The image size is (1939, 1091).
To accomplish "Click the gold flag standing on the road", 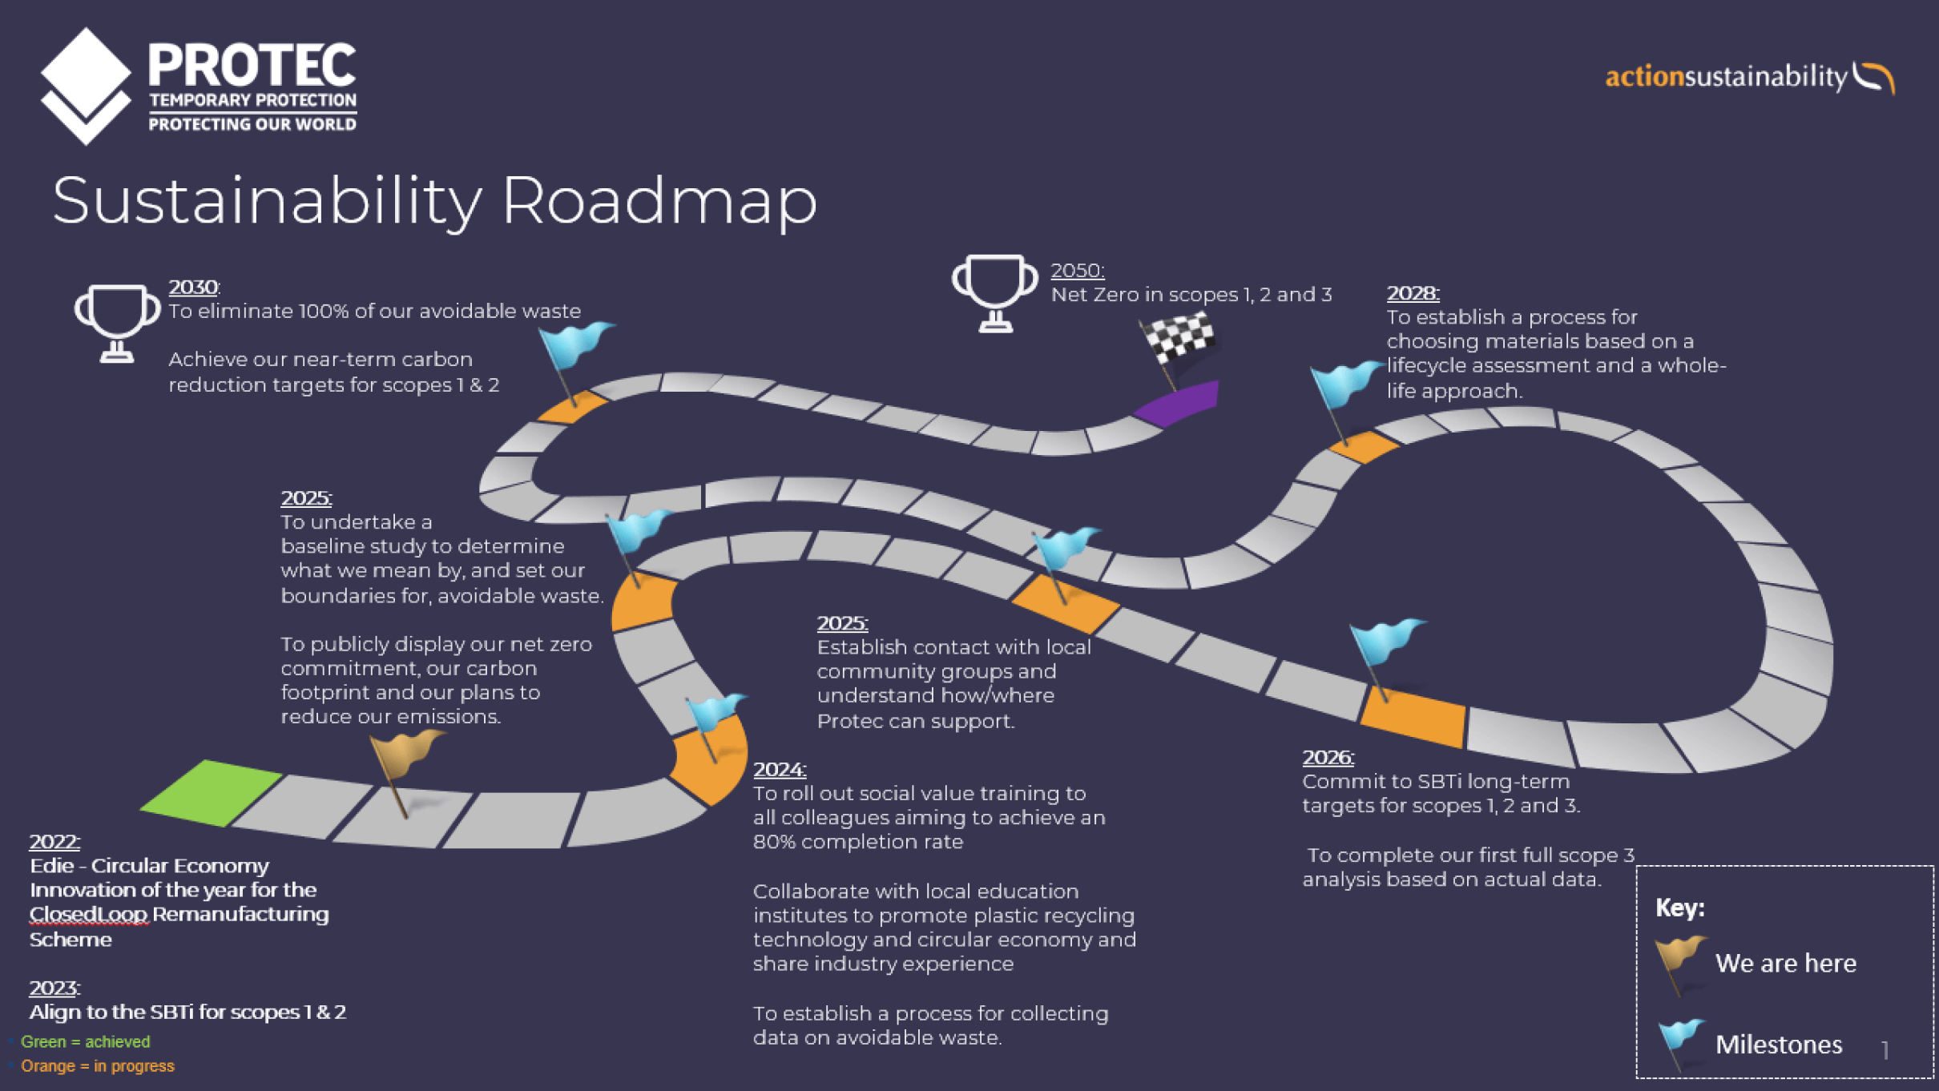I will pos(405,757).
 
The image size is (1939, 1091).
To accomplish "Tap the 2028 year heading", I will pos(1413,293).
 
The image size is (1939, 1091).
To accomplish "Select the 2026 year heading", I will pos(1328,757).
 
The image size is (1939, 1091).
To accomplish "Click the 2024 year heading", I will pos(779,769).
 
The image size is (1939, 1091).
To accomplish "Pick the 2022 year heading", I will pos(54,841).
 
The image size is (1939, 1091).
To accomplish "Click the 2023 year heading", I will pos(54,988).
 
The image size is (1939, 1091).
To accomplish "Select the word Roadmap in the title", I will pos(659,200).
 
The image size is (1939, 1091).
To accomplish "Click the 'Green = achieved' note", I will pos(85,1041).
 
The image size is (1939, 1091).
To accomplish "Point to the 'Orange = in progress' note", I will pos(97,1065).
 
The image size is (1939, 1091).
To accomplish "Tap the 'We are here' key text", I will pos(1785,963).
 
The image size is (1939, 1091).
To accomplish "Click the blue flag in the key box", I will pos(1681,1040).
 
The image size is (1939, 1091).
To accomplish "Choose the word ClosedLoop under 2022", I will pos(88,914).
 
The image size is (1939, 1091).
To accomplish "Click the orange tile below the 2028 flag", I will pos(1364,446).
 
